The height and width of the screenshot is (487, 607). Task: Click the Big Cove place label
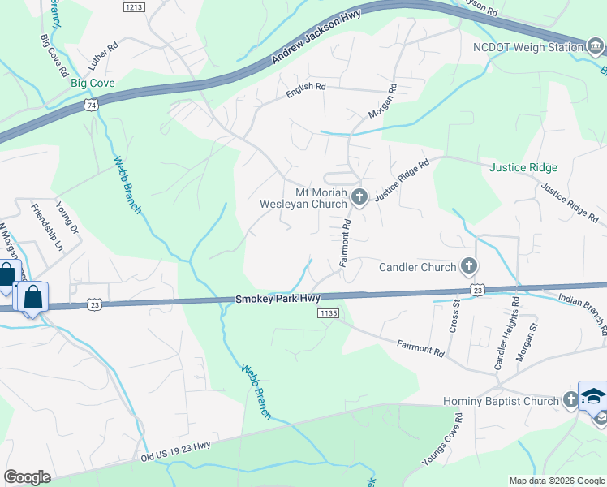coord(92,83)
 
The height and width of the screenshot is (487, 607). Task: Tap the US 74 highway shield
coord(91,106)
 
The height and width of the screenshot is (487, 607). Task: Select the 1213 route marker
coord(134,7)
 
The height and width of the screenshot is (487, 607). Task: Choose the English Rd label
coord(305,91)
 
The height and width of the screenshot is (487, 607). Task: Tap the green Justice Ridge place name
coord(523,167)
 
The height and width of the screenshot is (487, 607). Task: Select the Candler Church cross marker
coord(468,266)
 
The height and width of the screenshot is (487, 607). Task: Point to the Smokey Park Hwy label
coord(278,299)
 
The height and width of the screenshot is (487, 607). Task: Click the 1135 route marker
coord(328,313)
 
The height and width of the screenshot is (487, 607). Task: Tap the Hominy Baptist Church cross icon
coord(571,400)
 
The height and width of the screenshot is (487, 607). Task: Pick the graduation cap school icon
coord(593,396)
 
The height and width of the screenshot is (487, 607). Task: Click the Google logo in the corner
coord(27,476)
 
